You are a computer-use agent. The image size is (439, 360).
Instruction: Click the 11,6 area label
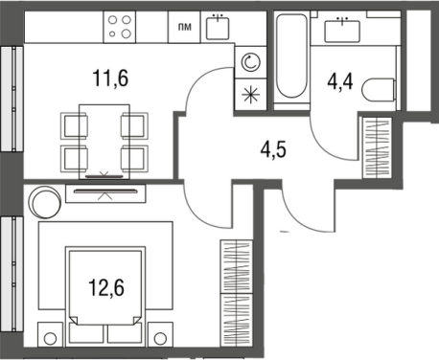(x=110, y=79)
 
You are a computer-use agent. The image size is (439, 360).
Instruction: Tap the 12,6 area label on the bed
(x=106, y=287)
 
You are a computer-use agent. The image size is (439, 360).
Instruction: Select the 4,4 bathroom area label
(x=340, y=81)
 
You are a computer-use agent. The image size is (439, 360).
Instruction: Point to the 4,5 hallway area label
(x=273, y=150)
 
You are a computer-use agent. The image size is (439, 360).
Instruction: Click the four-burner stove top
(x=120, y=27)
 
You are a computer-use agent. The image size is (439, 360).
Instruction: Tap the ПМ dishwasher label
(x=185, y=27)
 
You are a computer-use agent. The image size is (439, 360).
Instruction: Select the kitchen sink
(x=218, y=28)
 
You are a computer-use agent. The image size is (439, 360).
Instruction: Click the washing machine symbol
(x=251, y=62)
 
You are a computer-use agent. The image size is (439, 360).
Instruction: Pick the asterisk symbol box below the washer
(x=251, y=95)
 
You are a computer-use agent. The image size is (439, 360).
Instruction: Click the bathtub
(x=291, y=56)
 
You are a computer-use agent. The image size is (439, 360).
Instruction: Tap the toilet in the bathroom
(x=380, y=90)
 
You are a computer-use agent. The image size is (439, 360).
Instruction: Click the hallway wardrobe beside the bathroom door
(x=377, y=147)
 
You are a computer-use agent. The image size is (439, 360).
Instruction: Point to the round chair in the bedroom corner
(x=46, y=202)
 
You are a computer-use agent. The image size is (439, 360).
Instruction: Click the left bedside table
(x=50, y=334)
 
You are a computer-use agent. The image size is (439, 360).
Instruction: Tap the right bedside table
(x=160, y=334)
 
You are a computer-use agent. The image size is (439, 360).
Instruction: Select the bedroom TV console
(x=105, y=193)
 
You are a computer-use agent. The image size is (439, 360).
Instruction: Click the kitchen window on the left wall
(x=12, y=99)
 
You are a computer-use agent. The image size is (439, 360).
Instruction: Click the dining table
(x=104, y=142)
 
